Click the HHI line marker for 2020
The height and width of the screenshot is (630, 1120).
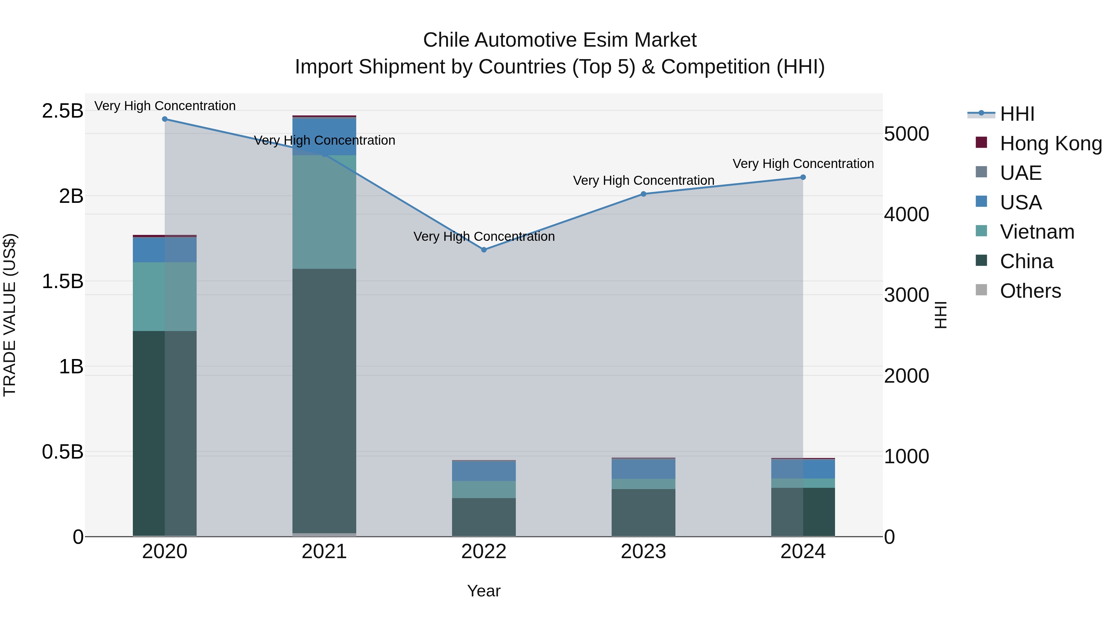(165, 119)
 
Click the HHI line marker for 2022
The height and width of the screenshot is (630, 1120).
(484, 250)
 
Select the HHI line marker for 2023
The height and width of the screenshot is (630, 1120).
(643, 194)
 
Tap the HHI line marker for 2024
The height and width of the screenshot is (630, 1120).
(803, 177)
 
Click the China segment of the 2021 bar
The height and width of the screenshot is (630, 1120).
(324, 400)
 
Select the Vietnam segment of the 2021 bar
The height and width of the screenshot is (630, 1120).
(324, 212)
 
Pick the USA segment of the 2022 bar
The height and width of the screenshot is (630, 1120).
(484, 471)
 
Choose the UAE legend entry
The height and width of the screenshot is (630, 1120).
(1020, 173)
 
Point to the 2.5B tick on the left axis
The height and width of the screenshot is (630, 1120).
(62, 111)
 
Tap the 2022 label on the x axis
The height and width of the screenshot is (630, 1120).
(484, 552)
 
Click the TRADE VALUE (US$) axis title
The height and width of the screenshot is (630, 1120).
(10, 315)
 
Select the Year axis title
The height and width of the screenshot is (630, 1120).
(484, 591)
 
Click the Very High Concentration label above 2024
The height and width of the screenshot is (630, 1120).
(803, 164)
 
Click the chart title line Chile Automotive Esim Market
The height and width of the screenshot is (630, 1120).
(560, 40)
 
